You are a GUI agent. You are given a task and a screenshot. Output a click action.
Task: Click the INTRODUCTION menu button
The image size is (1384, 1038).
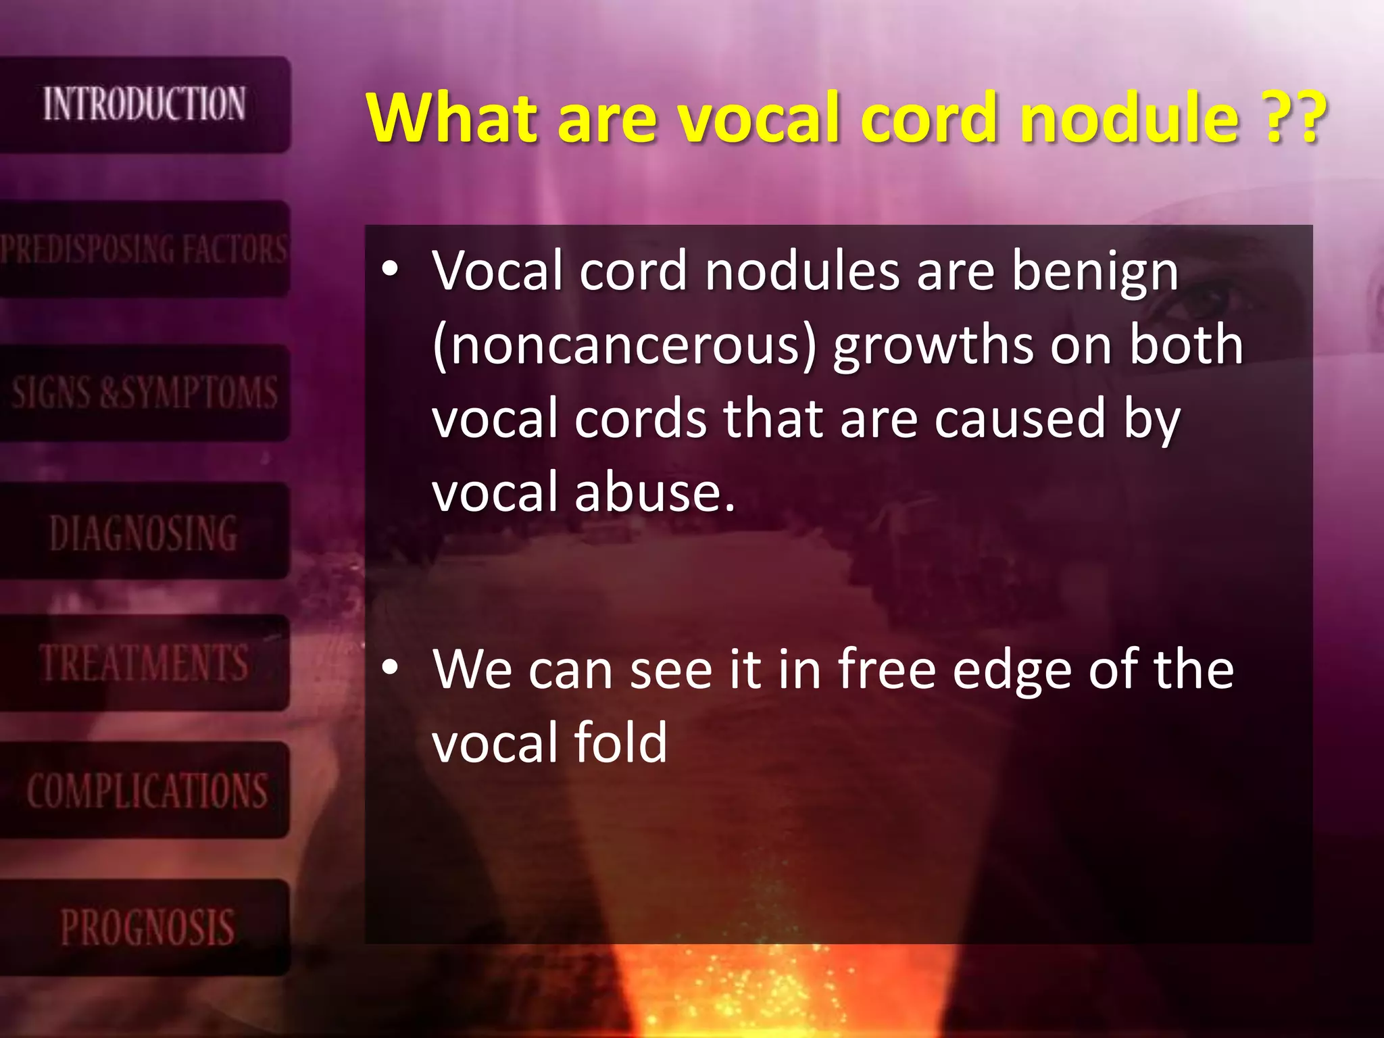click(144, 104)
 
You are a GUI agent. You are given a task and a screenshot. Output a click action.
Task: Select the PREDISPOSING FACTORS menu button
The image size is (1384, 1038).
click(144, 249)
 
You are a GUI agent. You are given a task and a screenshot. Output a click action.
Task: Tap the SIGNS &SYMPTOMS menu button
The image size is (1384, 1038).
click(144, 393)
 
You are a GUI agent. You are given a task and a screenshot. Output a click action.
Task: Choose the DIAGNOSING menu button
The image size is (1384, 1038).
click(144, 532)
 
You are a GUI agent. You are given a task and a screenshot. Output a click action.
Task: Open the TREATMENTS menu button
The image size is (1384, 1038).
click(144, 662)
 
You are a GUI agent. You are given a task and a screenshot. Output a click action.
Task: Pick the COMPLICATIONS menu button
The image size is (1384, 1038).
click(144, 790)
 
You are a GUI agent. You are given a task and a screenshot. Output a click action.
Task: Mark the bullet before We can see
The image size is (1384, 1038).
click(390, 668)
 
